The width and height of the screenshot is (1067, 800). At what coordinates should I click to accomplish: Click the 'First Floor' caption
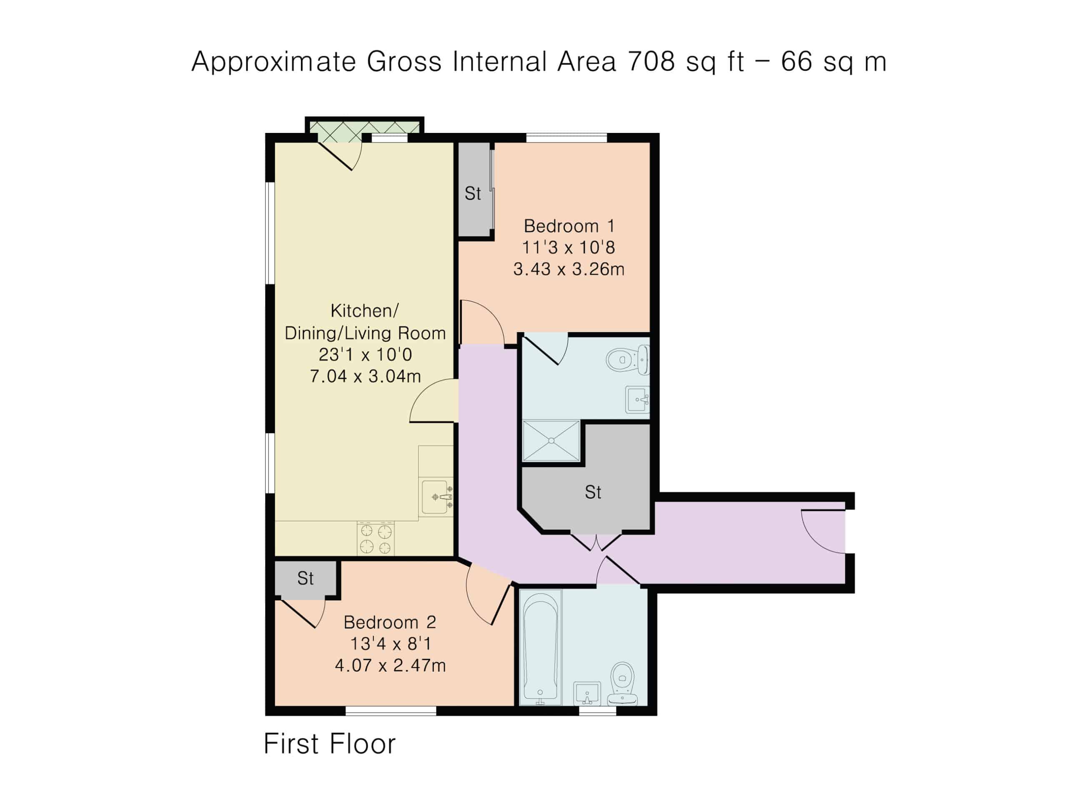pos(329,744)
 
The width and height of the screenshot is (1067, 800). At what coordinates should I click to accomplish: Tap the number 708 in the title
pos(651,62)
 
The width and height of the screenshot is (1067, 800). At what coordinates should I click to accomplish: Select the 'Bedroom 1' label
pos(569,226)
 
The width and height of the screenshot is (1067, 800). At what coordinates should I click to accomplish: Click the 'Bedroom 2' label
pos(390,622)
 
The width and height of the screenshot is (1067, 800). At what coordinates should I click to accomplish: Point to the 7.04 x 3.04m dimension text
pos(365,376)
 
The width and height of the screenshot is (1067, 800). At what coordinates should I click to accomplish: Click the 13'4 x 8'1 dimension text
pos(390,643)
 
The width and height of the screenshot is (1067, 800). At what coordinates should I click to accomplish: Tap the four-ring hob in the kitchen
pos(376,539)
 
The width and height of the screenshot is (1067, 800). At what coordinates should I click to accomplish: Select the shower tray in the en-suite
pos(551,441)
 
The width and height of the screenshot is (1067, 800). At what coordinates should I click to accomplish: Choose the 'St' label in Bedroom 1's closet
pos(473,193)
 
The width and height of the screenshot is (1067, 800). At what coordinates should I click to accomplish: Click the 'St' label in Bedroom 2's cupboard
pos(306,578)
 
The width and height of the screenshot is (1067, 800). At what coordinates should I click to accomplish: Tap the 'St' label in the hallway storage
pos(593,492)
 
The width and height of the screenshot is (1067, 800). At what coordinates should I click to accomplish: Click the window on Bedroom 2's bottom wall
pos(391,710)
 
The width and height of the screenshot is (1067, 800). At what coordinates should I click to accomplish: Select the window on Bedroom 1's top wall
pos(566,138)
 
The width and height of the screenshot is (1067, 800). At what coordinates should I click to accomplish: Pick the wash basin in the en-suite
pos(637,399)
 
